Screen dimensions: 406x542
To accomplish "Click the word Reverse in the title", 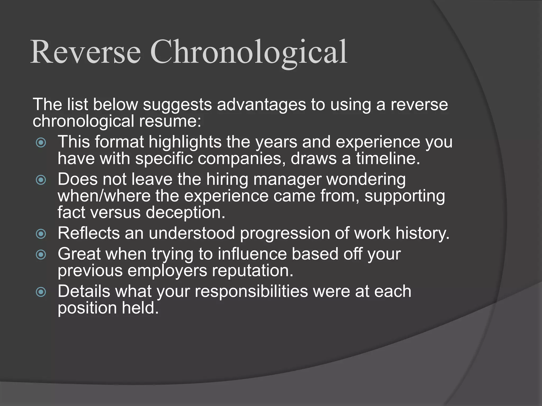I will pyautogui.click(x=85, y=52).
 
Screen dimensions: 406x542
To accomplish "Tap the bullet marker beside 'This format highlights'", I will pyautogui.click(x=41, y=143).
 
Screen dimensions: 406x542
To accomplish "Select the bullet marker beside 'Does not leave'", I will pyautogui.click(x=41, y=180).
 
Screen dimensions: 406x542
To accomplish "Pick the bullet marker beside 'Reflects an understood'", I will pyautogui.click(x=41, y=234).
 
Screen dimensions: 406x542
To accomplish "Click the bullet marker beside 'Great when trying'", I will pyautogui.click(x=41, y=255).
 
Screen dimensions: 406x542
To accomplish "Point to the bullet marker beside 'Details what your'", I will pyautogui.click(x=41, y=292).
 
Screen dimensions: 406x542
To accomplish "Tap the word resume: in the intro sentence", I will pyautogui.click(x=170, y=121).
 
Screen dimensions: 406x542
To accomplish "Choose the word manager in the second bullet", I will pyautogui.click(x=287, y=180).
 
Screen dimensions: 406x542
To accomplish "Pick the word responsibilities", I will pyautogui.click(x=251, y=292).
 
